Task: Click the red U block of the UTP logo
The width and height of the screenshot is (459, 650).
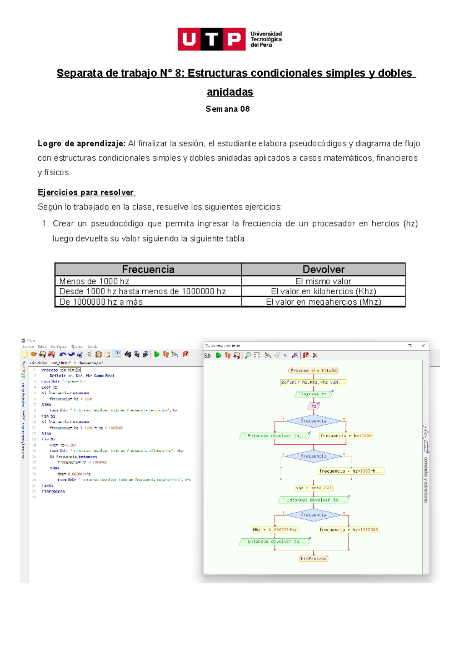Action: point(189,39)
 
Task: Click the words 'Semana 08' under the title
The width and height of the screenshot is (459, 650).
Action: point(228,109)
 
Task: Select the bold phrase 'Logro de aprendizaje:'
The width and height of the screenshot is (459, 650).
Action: point(81,144)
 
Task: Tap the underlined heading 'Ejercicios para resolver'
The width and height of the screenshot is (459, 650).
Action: point(86,192)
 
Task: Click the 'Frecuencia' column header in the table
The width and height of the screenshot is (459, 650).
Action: point(148,269)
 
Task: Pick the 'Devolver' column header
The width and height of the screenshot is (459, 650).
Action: point(323,269)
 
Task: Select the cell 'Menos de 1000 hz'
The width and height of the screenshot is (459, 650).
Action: point(94,281)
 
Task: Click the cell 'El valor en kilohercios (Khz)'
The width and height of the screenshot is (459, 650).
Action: point(323,291)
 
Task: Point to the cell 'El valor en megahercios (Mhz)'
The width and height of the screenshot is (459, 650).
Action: point(323,302)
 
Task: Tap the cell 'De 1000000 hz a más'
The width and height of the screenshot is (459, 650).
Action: point(101,302)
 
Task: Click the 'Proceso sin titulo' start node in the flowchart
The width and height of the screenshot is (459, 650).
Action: point(314,371)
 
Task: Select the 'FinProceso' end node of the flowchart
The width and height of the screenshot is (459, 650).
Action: point(314,559)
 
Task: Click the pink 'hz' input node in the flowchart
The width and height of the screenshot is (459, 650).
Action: point(314,406)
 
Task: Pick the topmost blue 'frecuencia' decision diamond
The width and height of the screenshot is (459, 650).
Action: point(314,421)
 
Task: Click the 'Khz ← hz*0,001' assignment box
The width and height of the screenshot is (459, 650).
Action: point(314,488)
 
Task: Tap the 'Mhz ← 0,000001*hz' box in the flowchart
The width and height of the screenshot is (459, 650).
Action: point(275,530)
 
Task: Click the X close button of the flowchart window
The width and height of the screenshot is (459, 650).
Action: point(423,346)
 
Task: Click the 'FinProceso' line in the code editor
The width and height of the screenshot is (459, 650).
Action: point(53,492)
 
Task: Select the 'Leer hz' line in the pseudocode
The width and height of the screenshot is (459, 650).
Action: point(49,387)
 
